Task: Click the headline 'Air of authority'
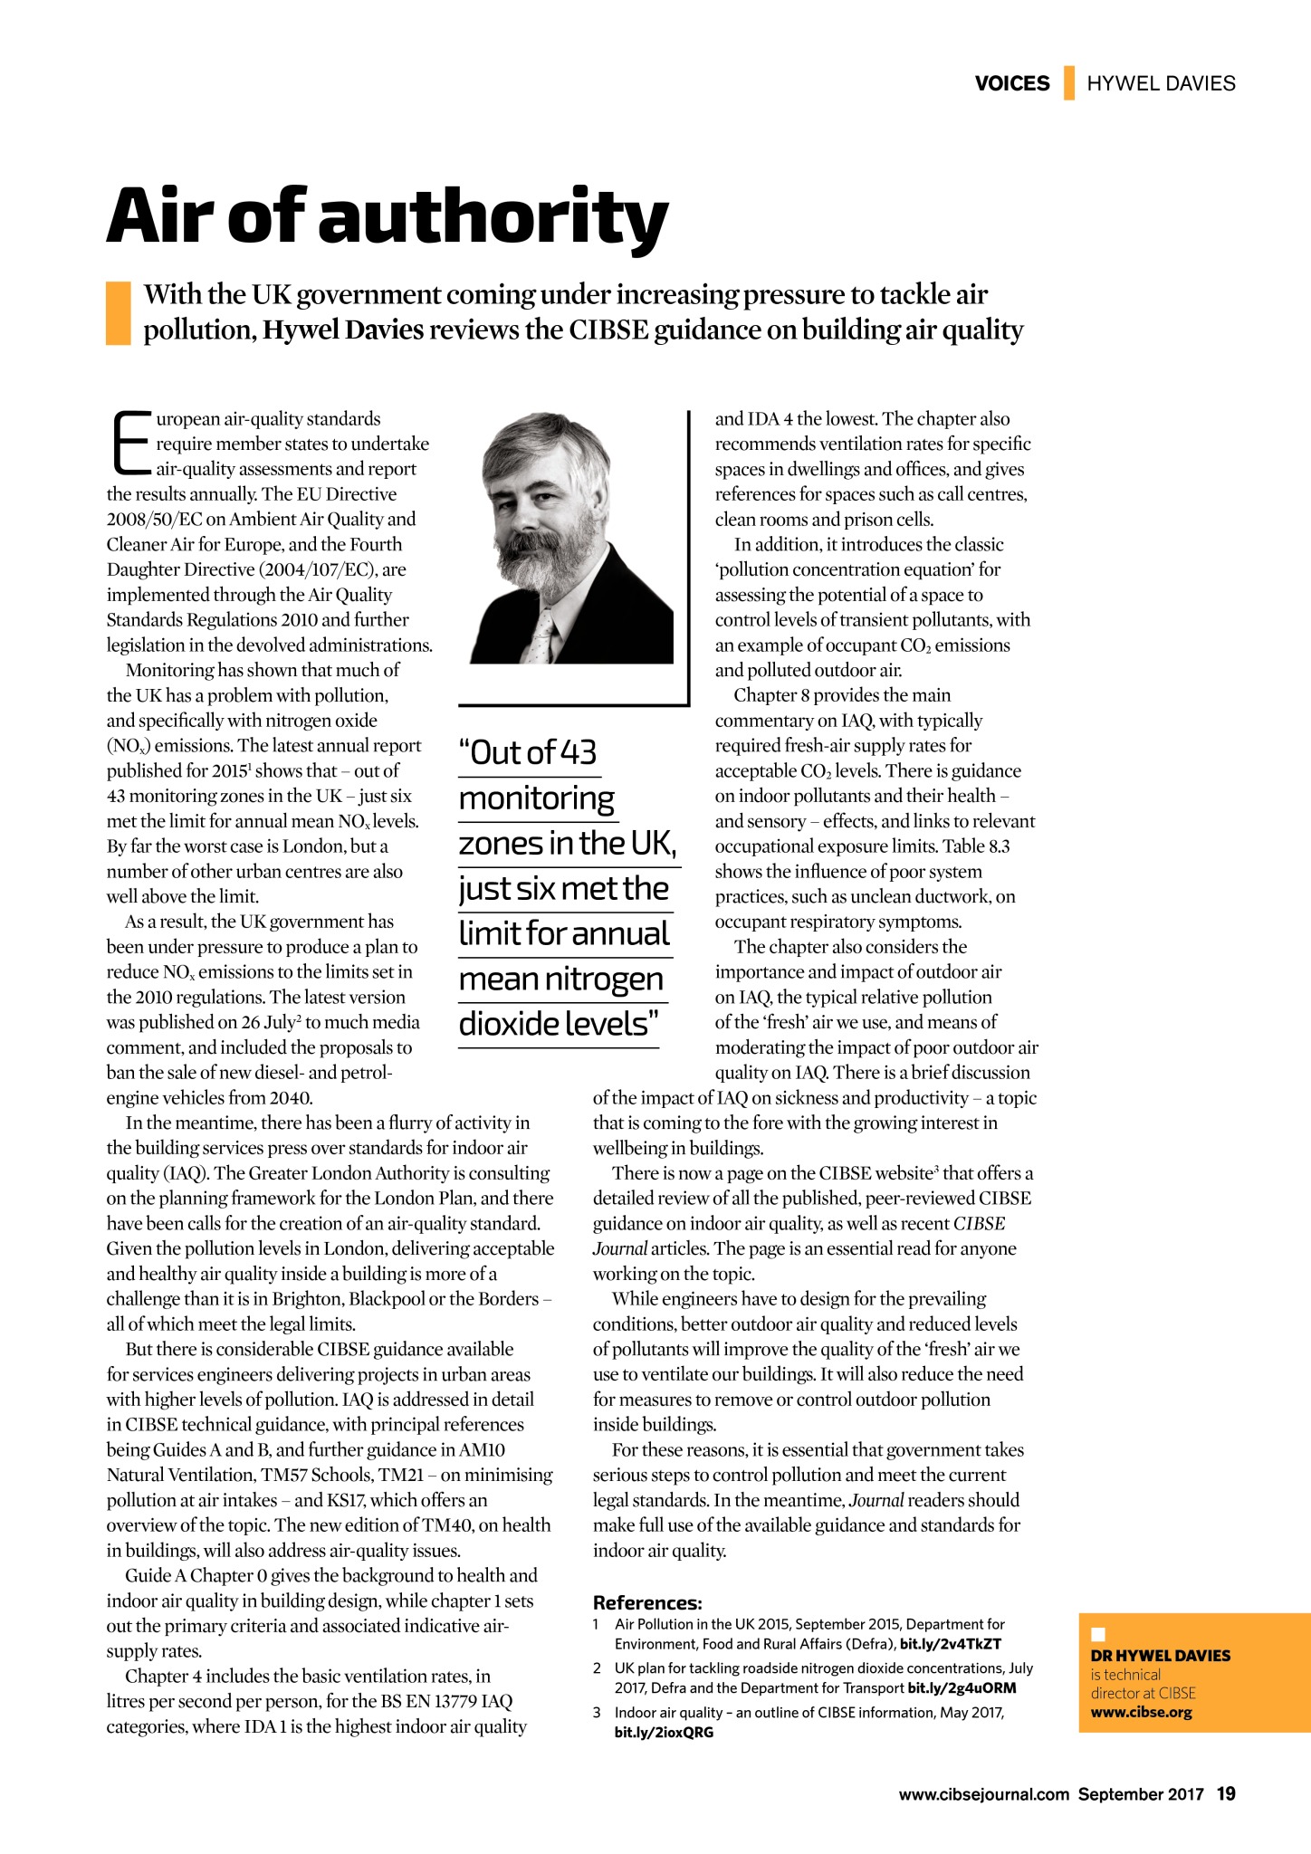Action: coord(388,217)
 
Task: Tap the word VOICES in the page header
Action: coord(1011,83)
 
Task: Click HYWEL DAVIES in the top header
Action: coord(1161,83)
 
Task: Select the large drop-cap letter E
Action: coord(130,443)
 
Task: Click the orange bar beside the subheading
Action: coord(118,312)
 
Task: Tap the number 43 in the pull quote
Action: coord(579,752)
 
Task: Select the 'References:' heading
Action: coord(646,1602)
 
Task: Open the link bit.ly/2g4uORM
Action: coord(962,1687)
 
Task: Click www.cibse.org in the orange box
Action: coord(1141,1712)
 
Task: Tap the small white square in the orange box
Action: coord(1098,1634)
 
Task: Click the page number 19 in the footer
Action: coord(1226,1793)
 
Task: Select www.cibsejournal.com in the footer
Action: coord(983,1794)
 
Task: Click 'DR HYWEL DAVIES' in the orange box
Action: coord(1160,1655)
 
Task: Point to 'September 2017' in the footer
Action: coord(1140,1794)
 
